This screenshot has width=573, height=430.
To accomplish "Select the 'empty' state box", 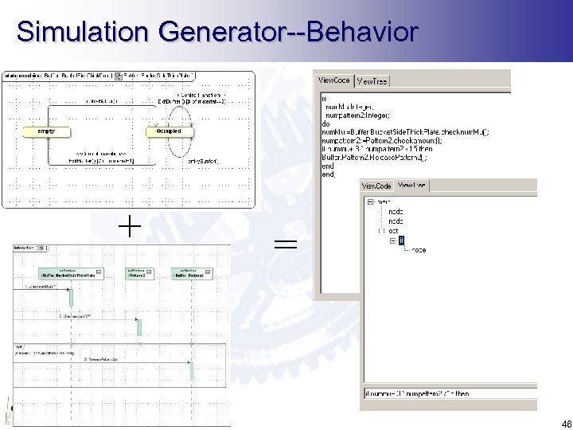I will (40, 131).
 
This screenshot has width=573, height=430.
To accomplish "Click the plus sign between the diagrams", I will (130, 228).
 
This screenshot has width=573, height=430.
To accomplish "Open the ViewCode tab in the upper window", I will (334, 80).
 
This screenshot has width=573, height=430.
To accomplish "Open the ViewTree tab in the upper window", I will (371, 81).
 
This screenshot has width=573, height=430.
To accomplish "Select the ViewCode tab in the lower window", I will (376, 186).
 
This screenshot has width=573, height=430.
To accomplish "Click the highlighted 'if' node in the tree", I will (401, 239).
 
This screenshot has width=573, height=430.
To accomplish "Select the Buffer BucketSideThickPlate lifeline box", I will (69, 275).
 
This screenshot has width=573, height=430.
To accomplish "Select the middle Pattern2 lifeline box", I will (138, 275).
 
